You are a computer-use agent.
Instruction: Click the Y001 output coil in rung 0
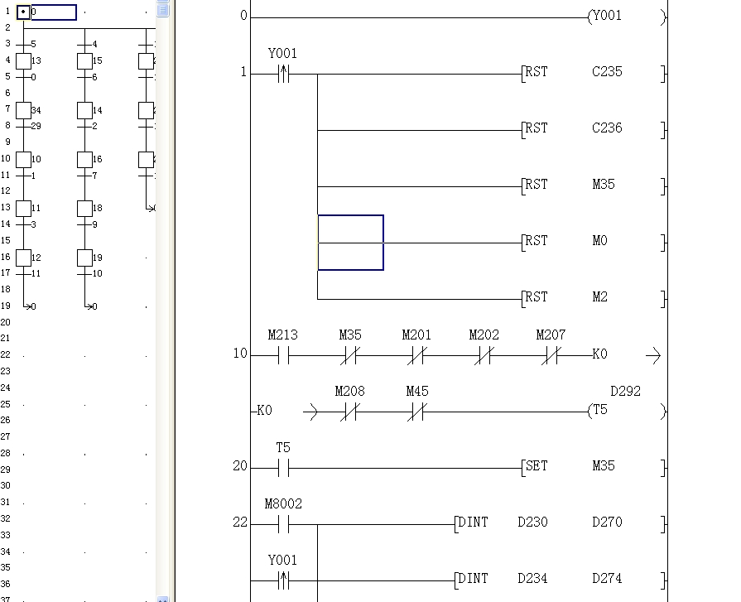[x=605, y=16]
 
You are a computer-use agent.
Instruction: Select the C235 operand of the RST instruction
[x=607, y=72]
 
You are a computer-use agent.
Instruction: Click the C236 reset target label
[x=607, y=128]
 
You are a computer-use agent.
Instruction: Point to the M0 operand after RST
[x=600, y=241]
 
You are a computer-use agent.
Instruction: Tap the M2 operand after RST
[x=600, y=297]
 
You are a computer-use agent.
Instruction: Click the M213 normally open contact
[x=283, y=356]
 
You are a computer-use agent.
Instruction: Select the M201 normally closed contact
[x=416, y=356]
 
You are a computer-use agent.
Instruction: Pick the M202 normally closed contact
[x=484, y=356]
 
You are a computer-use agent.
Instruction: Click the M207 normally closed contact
[x=551, y=356]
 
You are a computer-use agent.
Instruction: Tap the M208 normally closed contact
[x=349, y=412]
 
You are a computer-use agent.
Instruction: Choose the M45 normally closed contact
[x=416, y=412]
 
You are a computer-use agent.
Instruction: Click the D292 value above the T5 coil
[x=625, y=392]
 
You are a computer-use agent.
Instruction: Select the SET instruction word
[x=537, y=466]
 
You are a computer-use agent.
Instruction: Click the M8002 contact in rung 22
[x=283, y=524]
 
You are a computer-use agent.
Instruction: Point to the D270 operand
[x=607, y=523]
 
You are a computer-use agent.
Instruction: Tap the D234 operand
[x=532, y=579]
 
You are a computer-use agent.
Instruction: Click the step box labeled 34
[x=24, y=110]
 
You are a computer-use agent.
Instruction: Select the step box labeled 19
[x=84, y=258]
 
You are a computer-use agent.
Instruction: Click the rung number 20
[x=240, y=466]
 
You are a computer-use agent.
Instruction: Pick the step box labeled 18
[x=84, y=208]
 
